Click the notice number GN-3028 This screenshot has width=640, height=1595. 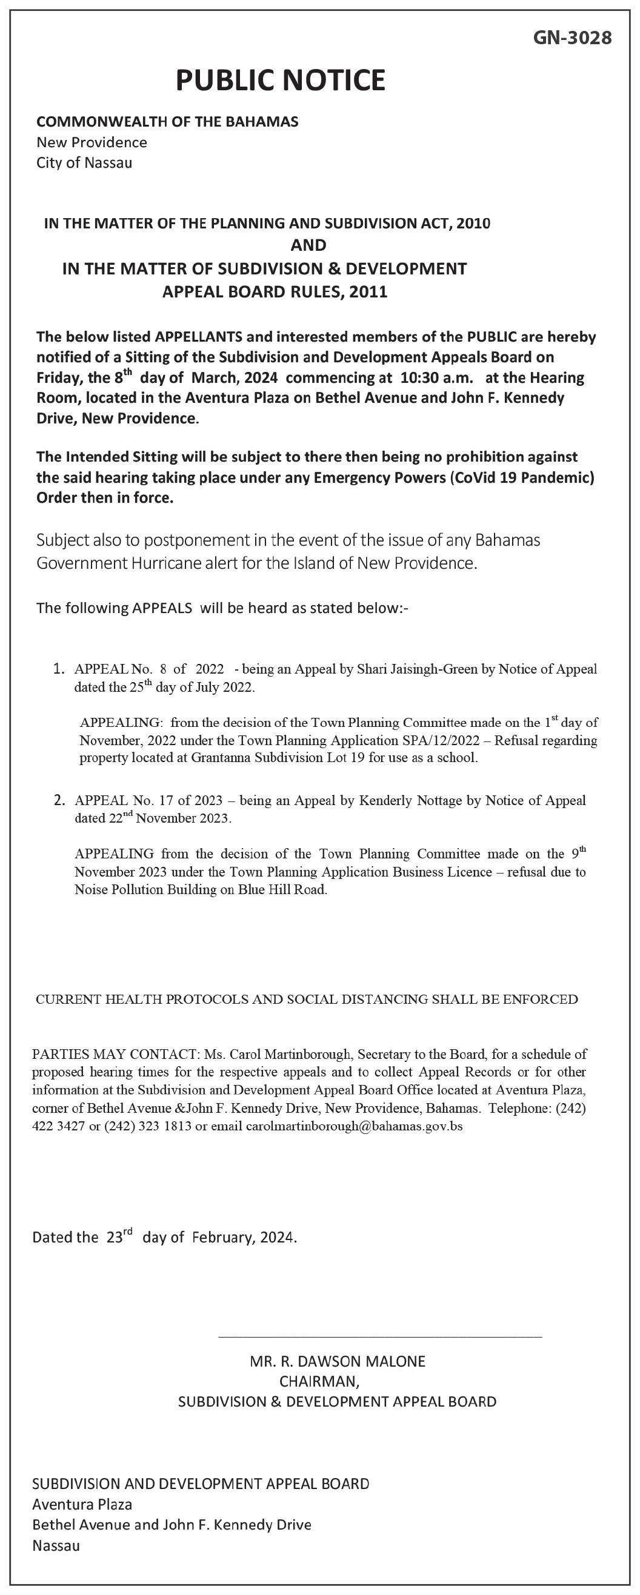[x=572, y=38]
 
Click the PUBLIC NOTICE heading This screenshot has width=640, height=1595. [x=281, y=81]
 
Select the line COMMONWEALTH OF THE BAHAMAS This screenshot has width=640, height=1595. [x=167, y=122]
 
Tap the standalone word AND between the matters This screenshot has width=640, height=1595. [x=308, y=246]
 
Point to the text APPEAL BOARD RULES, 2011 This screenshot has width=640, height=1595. [x=275, y=291]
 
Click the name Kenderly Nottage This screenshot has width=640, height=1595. [x=410, y=801]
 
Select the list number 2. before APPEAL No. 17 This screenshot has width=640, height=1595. [x=59, y=801]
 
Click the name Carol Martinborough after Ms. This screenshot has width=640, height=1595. [x=290, y=1054]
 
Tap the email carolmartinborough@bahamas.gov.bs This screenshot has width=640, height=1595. [x=354, y=1126]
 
